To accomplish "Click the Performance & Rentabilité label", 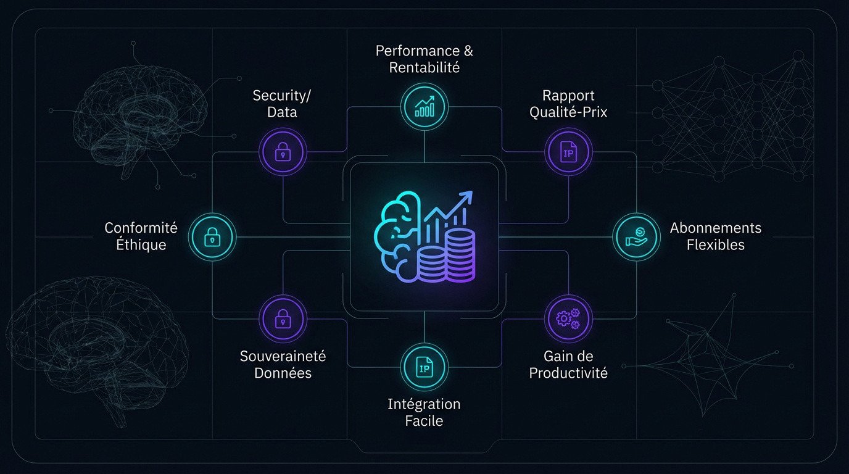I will (424, 59).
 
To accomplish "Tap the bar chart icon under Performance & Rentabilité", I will (424, 106).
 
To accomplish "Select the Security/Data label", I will (283, 104).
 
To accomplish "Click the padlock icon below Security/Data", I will (283, 152).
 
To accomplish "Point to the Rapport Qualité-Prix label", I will (568, 104).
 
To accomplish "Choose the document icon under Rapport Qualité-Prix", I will (568, 152).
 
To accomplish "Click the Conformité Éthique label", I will (141, 236).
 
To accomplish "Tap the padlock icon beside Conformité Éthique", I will (212, 236).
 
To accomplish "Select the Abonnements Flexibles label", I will (716, 236).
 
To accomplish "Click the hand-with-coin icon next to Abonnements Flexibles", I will (637, 236).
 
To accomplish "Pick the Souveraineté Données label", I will (283, 365).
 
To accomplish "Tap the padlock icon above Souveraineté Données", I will (283, 318).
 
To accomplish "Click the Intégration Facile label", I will (424, 413).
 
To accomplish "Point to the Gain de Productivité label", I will (568, 365).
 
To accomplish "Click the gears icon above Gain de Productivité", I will (568, 318).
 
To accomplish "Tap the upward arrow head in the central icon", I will (467, 197).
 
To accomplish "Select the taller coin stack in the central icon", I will (460, 254).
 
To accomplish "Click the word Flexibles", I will (716, 245).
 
